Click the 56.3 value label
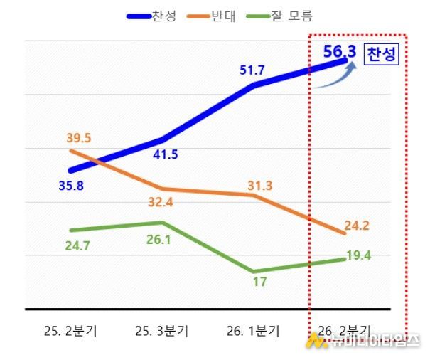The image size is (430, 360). pyautogui.click(x=339, y=51)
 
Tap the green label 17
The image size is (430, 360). pyautogui.click(x=259, y=282)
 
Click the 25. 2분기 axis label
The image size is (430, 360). pyautogui.click(x=70, y=330)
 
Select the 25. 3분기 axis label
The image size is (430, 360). pyautogui.click(x=161, y=330)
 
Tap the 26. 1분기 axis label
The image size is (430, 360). pyautogui.click(x=253, y=330)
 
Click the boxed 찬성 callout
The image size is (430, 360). pyautogui.click(x=381, y=55)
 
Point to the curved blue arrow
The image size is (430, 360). pyautogui.click(x=334, y=77)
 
